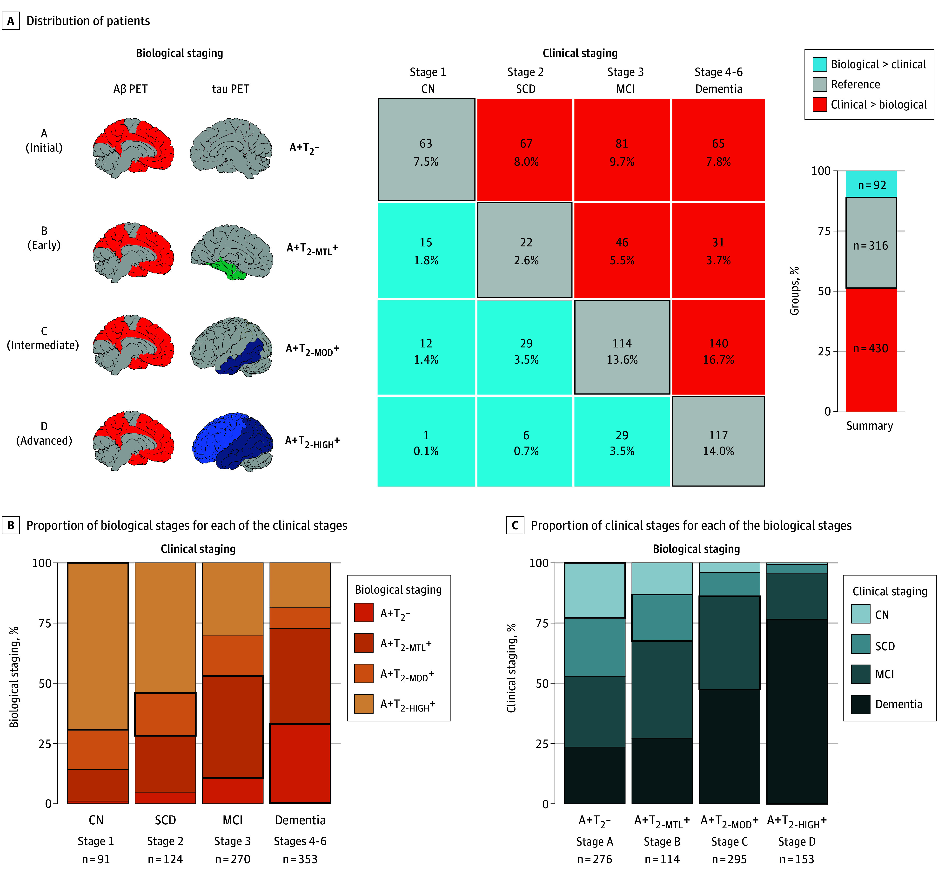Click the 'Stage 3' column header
point(625,72)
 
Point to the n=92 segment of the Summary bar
point(871,184)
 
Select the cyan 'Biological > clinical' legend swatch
point(820,64)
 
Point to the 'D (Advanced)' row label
point(44,433)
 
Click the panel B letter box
point(11,525)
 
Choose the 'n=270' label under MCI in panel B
point(233,859)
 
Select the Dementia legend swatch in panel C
point(861,704)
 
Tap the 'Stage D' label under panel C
point(797,841)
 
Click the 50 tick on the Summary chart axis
point(824,291)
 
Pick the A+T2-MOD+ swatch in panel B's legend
point(364,673)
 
